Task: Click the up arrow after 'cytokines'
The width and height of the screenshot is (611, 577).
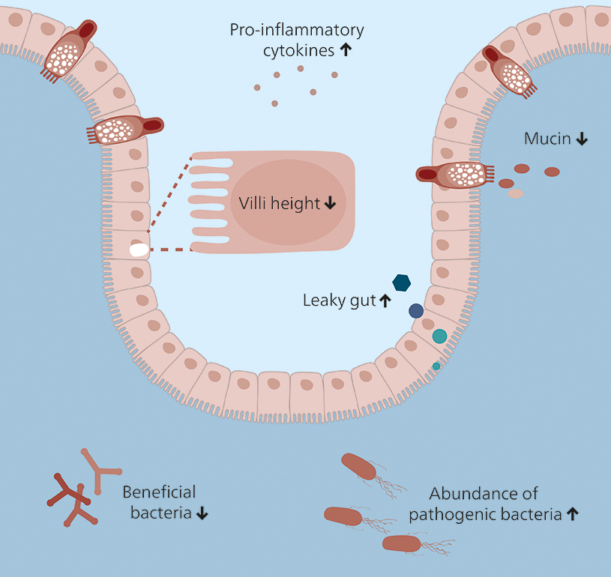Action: pos(346,51)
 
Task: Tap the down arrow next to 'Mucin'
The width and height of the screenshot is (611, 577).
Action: pos(582,139)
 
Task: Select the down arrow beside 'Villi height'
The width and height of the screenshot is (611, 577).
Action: pos(331,204)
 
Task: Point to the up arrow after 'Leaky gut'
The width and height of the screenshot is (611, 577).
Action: pos(385,301)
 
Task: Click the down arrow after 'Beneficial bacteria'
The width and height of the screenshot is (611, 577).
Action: pos(203,514)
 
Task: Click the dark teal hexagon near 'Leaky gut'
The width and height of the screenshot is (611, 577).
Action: pos(402,283)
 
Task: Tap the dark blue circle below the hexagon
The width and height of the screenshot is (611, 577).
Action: pos(415,310)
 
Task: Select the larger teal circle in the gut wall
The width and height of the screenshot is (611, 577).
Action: pos(439,336)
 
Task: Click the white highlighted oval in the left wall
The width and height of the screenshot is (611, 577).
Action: pos(139,250)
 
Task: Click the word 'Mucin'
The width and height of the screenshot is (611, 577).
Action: pos(547,139)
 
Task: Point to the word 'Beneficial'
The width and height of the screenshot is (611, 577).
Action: pos(159,492)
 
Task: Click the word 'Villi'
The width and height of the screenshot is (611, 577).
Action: pos(253,204)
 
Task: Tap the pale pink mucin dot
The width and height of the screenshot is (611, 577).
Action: pos(515,193)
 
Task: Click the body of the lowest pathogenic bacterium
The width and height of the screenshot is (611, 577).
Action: pos(403,543)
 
